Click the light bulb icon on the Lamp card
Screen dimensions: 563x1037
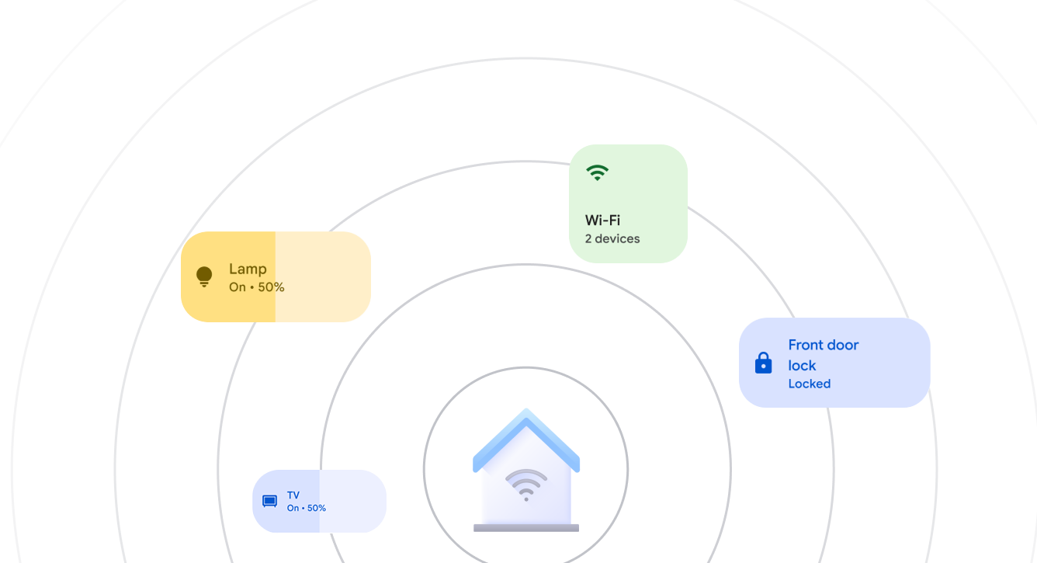click(x=204, y=276)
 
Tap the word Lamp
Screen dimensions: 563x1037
click(x=248, y=269)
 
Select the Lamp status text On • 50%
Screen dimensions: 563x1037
click(x=256, y=287)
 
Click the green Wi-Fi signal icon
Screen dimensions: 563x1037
click(x=597, y=172)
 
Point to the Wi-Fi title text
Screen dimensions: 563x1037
click(x=602, y=220)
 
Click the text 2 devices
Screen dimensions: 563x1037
click(x=612, y=238)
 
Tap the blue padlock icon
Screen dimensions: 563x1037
click(x=763, y=363)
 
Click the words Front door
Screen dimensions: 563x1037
click(x=823, y=345)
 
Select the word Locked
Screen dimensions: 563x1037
click(x=809, y=384)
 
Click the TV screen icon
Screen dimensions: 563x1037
click(x=269, y=501)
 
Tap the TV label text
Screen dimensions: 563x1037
click(x=293, y=495)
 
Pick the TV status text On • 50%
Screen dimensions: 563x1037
click(x=306, y=508)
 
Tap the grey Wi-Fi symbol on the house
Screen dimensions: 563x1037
click(x=526, y=484)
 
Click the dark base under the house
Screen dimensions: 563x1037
click(x=526, y=528)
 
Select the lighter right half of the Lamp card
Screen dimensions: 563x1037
click(x=322, y=276)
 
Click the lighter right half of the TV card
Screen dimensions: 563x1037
click(x=352, y=502)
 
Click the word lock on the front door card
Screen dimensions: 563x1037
click(x=802, y=365)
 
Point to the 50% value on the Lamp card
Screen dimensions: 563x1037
click(x=271, y=287)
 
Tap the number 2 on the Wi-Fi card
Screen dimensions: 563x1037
click(x=588, y=238)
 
